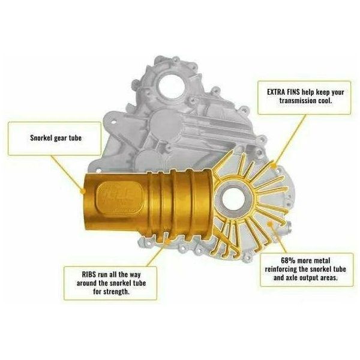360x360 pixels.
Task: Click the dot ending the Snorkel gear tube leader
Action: [x=82, y=191]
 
